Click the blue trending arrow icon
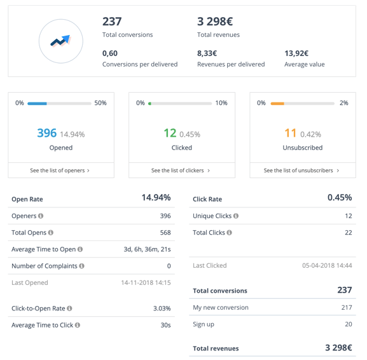pos(60,41)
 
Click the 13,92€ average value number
pos(296,53)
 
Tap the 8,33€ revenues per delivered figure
pos(207,53)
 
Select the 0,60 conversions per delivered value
pos(110,53)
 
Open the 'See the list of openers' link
pos(60,170)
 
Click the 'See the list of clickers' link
pos(181,170)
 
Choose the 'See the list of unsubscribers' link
pos(302,170)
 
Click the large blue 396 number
pos(47,133)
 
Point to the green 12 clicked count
pos(170,133)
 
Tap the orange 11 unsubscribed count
pos(291,133)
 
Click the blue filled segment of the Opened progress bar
pos(38,103)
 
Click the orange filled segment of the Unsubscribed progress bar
pos(277,103)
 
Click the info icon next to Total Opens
pos(51,233)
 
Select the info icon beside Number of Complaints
pos(82,266)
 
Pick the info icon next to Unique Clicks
pos(236,216)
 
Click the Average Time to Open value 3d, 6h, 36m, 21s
pos(147,249)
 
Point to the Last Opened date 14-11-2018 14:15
pos(146,282)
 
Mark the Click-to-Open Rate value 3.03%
pos(162,308)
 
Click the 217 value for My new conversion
pos(346,308)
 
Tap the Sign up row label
pos(204,324)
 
